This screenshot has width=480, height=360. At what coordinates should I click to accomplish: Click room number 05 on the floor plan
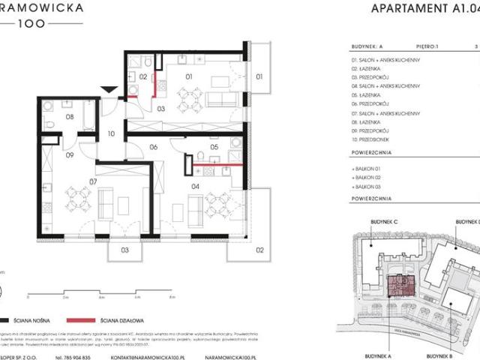point(214,148)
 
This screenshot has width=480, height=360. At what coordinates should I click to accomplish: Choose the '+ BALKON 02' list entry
point(370,178)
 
